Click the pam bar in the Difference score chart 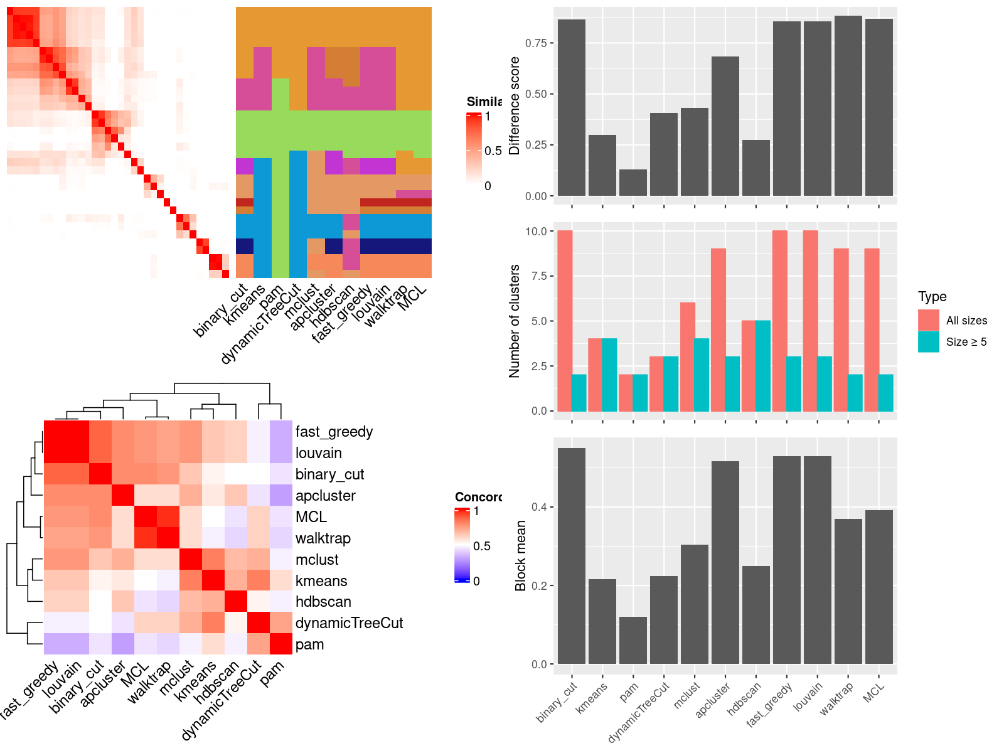[x=633, y=183]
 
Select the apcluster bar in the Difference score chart [x=725, y=126]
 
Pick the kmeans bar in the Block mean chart [x=602, y=621]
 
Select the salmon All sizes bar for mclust [x=688, y=357]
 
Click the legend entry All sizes [x=966, y=321]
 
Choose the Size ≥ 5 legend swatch [x=928, y=342]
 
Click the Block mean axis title [x=520, y=555]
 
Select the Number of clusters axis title [x=515, y=321]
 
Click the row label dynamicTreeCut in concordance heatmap [x=349, y=623]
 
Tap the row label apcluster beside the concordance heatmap [x=325, y=496]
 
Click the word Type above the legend [x=932, y=297]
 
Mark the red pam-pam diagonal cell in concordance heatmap [x=281, y=644]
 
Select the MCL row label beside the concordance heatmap [x=311, y=517]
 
